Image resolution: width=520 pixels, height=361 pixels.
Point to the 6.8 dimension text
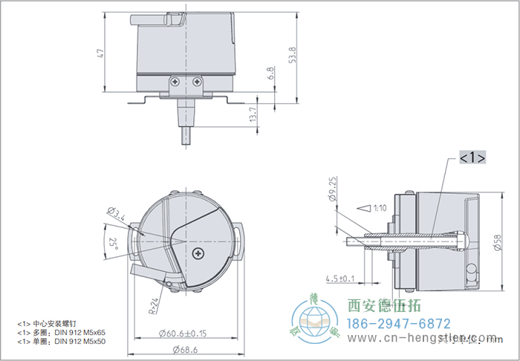point(271,73)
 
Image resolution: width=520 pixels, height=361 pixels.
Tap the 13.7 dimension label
point(253,113)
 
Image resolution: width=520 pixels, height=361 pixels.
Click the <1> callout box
point(472,158)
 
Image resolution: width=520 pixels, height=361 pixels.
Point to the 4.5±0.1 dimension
point(339,279)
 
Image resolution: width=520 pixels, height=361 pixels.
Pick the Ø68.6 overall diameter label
point(185,349)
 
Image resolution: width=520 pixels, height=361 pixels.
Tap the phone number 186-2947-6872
point(399,324)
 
